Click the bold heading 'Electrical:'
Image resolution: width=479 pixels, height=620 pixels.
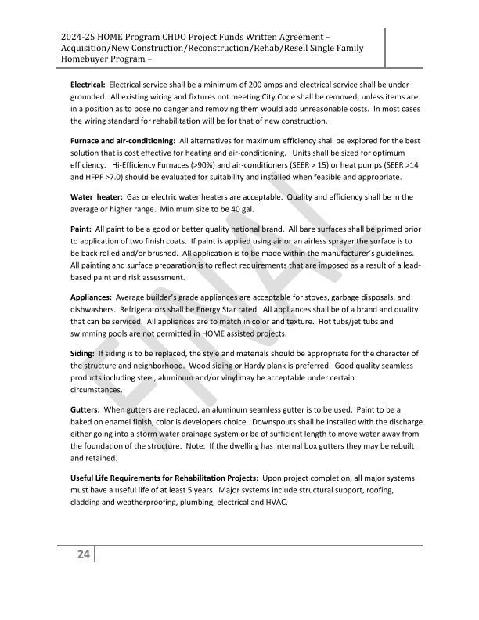(x=88, y=84)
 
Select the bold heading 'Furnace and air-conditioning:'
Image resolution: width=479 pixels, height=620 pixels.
(x=123, y=140)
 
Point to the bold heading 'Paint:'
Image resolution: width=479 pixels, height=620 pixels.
(x=81, y=228)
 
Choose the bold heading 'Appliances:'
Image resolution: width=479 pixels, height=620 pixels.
(x=92, y=297)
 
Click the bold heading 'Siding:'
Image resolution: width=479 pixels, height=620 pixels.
(x=83, y=354)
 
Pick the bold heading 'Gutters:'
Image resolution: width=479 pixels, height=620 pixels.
(x=85, y=410)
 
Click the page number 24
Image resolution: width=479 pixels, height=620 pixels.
(x=83, y=555)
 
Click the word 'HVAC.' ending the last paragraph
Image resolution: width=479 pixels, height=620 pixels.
(x=276, y=502)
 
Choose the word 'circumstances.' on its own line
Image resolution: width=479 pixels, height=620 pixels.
(x=96, y=389)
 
